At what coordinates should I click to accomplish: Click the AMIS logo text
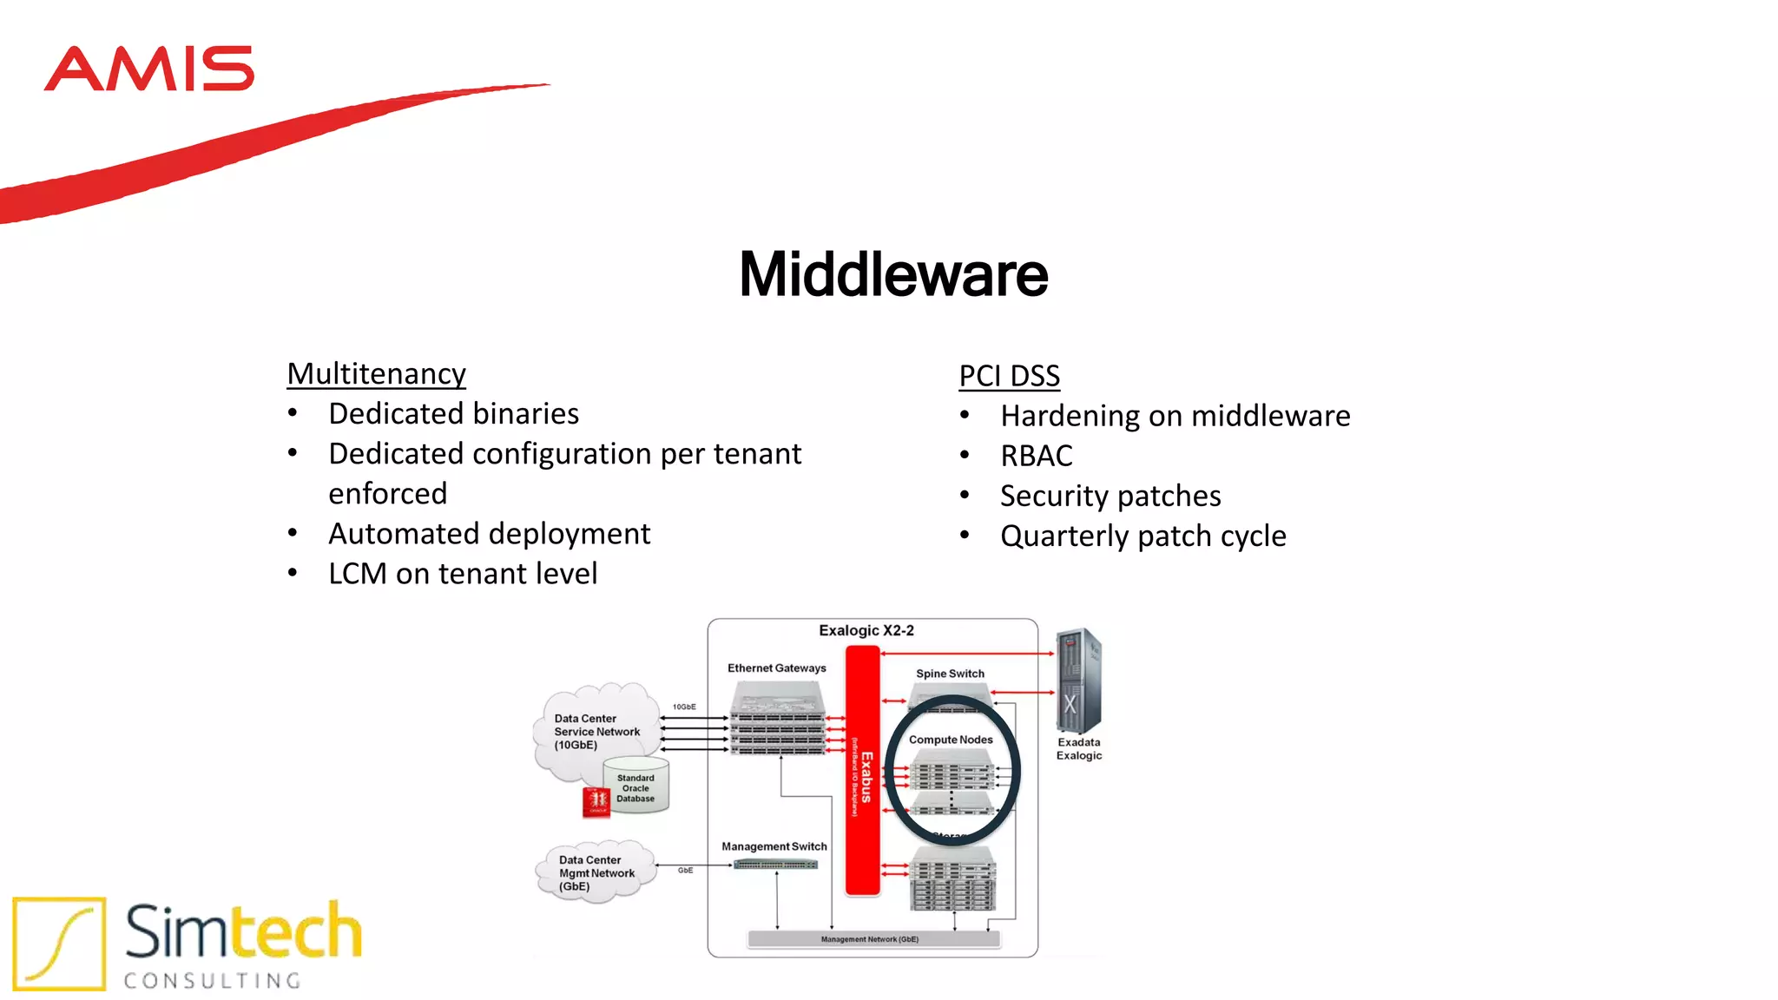[x=148, y=69]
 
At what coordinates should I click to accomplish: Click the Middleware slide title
[x=892, y=274]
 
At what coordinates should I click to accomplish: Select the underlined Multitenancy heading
[x=376, y=374]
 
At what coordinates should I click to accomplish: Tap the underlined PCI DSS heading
[x=1009, y=377]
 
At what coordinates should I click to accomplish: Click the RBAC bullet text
[x=1036, y=456]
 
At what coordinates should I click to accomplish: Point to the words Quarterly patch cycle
[x=1143, y=536]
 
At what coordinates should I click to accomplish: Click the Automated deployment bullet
[x=489, y=534]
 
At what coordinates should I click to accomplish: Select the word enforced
[x=387, y=494]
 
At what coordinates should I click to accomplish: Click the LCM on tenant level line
[x=462, y=574]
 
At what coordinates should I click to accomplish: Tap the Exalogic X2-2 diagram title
[x=866, y=630]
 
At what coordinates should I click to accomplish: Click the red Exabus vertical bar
[x=862, y=773]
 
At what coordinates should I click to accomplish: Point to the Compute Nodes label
[x=951, y=740]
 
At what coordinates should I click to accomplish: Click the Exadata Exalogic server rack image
[x=1078, y=681]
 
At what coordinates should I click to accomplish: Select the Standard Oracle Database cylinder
[x=636, y=786]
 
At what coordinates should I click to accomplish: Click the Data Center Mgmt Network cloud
[x=596, y=872]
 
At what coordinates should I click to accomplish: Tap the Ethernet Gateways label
[x=776, y=668]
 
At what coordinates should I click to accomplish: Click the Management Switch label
[x=774, y=846]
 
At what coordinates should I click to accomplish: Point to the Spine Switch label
[x=950, y=674]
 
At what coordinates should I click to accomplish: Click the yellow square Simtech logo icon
[x=59, y=944]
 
